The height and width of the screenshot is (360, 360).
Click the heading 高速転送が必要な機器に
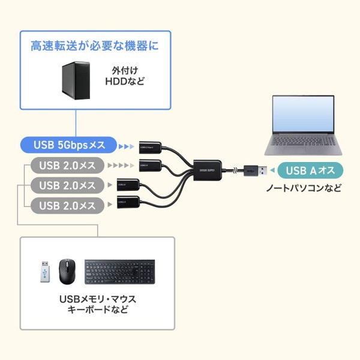click(x=95, y=46)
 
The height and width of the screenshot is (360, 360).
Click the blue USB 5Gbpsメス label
click(x=70, y=145)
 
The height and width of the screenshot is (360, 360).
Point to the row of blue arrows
click(x=127, y=145)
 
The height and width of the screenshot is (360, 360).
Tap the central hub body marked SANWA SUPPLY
click(x=208, y=169)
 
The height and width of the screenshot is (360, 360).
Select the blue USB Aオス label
click(x=305, y=170)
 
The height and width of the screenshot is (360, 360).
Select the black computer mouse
click(x=67, y=272)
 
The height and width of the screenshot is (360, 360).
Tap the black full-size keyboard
click(x=119, y=271)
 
